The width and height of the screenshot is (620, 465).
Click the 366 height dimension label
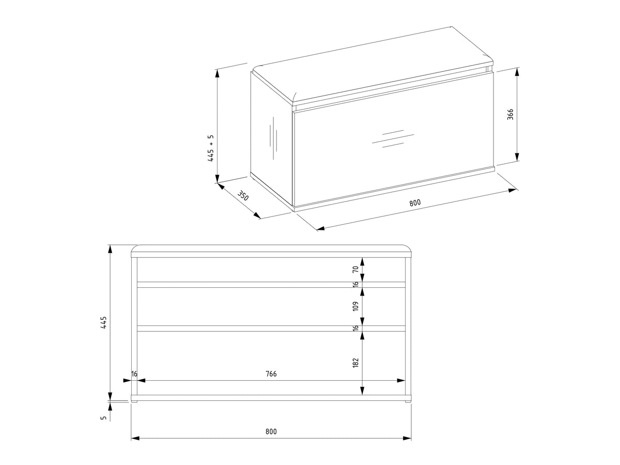point(510,114)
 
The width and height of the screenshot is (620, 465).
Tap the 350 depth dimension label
point(243,195)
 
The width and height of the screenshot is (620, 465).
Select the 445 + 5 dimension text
point(211,148)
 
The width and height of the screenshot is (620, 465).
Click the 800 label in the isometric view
point(415,203)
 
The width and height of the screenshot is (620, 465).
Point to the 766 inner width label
point(271,374)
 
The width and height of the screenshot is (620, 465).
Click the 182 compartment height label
point(355,363)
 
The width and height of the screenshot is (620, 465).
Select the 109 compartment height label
point(355,306)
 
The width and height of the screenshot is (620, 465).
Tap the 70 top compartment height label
point(355,269)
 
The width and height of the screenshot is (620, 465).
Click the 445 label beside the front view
point(104,322)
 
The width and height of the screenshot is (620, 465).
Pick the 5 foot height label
point(104,417)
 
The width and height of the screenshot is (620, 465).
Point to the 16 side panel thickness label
point(134,374)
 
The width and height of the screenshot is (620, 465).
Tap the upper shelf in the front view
point(271,285)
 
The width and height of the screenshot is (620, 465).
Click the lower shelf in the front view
point(271,329)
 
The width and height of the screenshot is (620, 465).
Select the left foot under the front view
point(134,401)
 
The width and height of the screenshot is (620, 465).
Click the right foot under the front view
point(408,401)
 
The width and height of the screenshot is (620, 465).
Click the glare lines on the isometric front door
point(393,138)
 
